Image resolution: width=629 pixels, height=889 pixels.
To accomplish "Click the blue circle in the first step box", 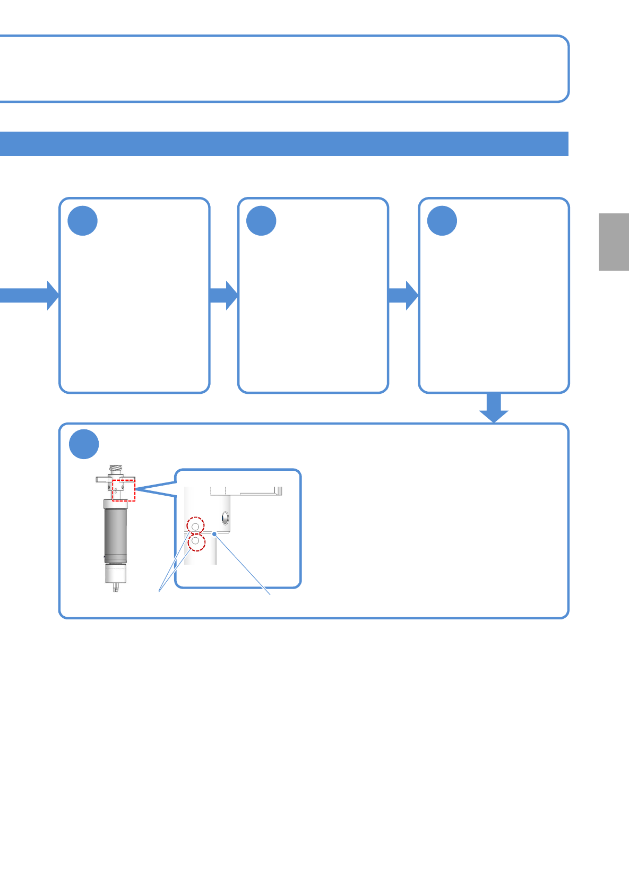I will [83, 221].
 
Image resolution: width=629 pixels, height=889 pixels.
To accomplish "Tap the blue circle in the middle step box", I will [261, 221].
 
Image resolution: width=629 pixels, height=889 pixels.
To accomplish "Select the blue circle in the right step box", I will [442, 221].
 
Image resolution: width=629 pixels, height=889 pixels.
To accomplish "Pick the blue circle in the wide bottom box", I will [84, 444].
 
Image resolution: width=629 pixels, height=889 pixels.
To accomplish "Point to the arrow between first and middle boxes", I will [223, 295].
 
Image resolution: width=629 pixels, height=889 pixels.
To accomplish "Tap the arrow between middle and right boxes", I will [403, 295].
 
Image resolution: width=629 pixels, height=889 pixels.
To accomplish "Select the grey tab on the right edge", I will [614, 242].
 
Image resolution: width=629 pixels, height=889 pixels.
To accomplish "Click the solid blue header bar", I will [284, 144].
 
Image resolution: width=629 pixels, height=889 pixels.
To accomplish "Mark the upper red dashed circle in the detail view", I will [196, 525].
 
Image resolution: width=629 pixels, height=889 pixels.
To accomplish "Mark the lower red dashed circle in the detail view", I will [196, 542].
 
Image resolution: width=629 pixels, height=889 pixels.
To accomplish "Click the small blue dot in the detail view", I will [214, 534].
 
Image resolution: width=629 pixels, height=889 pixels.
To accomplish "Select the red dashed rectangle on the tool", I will [124, 490].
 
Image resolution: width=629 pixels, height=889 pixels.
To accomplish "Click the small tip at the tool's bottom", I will [116, 588].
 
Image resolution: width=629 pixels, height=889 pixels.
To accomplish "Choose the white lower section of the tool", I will [115, 573].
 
